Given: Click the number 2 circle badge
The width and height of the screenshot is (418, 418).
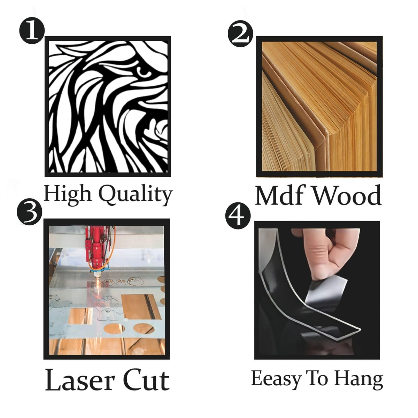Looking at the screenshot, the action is pyautogui.click(x=240, y=34).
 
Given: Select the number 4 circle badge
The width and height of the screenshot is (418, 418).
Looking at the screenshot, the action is pyautogui.click(x=238, y=217).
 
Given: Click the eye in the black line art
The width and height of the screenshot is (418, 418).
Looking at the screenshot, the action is pyautogui.click(x=143, y=72).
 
